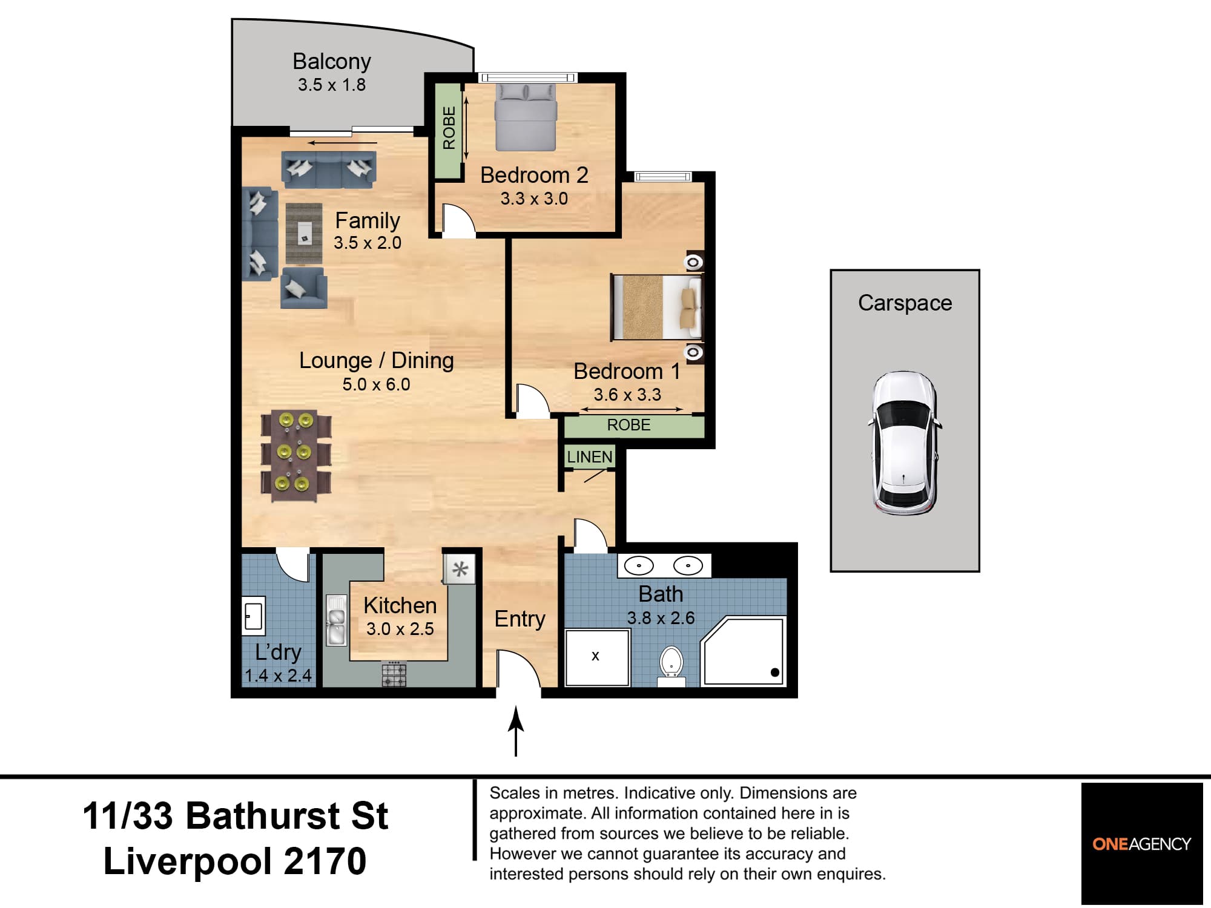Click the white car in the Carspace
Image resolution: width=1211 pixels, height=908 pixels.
(x=905, y=443)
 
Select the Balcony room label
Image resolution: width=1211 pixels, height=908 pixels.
(x=331, y=61)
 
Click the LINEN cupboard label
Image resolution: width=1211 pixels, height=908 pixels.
(x=590, y=457)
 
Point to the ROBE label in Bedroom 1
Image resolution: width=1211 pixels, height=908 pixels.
(x=629, y=425)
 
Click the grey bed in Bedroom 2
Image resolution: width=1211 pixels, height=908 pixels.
(x=526, y=117)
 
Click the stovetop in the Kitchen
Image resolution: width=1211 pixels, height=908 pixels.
(x=394, y=674)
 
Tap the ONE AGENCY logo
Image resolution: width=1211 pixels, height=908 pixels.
(x=1141, y=844)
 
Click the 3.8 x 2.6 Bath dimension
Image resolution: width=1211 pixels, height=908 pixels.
(x=661, y=618)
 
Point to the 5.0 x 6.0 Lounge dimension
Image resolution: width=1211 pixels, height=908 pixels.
(x=376, y=384)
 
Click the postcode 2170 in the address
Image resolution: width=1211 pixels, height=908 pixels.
(x=325, y=861)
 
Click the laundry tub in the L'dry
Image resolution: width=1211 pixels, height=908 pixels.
(x=254, y=616)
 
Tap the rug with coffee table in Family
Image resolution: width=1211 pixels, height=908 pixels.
(x=304, y=233)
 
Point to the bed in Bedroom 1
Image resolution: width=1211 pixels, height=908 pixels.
(x=656, y=307)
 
